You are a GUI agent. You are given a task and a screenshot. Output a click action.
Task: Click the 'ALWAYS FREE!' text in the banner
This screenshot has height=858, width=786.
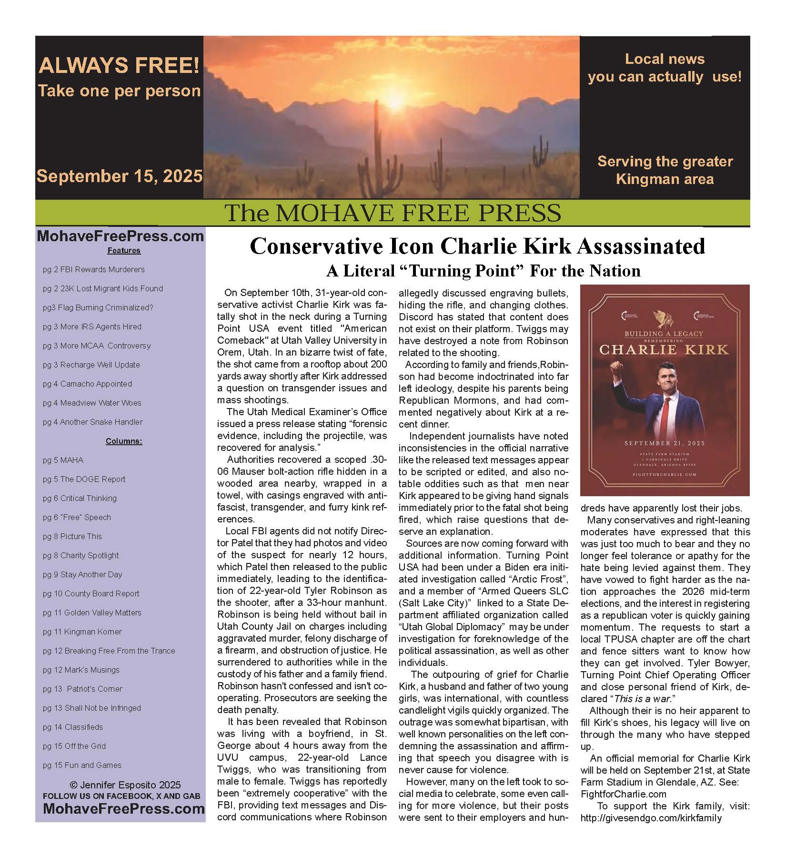coord(119,66)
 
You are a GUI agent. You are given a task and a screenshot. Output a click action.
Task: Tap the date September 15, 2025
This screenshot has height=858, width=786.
coord(120,176)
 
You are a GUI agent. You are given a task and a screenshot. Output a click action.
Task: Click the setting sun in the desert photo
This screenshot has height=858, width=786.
coord(395,100)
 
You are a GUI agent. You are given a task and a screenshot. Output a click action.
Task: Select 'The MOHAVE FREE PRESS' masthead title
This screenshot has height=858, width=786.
coord(392,213)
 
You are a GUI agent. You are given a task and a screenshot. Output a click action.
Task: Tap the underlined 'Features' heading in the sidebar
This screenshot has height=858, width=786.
coord(124,250)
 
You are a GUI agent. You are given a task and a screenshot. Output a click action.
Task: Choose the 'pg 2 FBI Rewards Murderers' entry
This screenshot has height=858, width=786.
coord(93,269)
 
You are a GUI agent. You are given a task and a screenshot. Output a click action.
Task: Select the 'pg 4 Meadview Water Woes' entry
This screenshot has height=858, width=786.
coord(92,403)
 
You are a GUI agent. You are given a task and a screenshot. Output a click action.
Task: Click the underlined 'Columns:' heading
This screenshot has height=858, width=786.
coord(124,441)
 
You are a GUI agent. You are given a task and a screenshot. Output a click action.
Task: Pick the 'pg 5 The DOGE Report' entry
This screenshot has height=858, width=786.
coord(84,479)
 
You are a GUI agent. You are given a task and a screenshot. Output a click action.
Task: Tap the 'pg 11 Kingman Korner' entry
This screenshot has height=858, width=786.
coord(82,632)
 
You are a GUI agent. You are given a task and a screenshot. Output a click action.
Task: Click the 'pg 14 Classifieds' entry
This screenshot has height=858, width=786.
coord(72,727)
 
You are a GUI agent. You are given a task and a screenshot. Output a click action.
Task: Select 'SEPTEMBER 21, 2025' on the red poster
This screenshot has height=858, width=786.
coord(665,443)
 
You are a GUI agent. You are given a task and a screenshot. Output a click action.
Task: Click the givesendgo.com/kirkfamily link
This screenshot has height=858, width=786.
coord(651,818)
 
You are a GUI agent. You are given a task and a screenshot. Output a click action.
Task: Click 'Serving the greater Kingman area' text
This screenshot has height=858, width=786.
coord(665,170)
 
